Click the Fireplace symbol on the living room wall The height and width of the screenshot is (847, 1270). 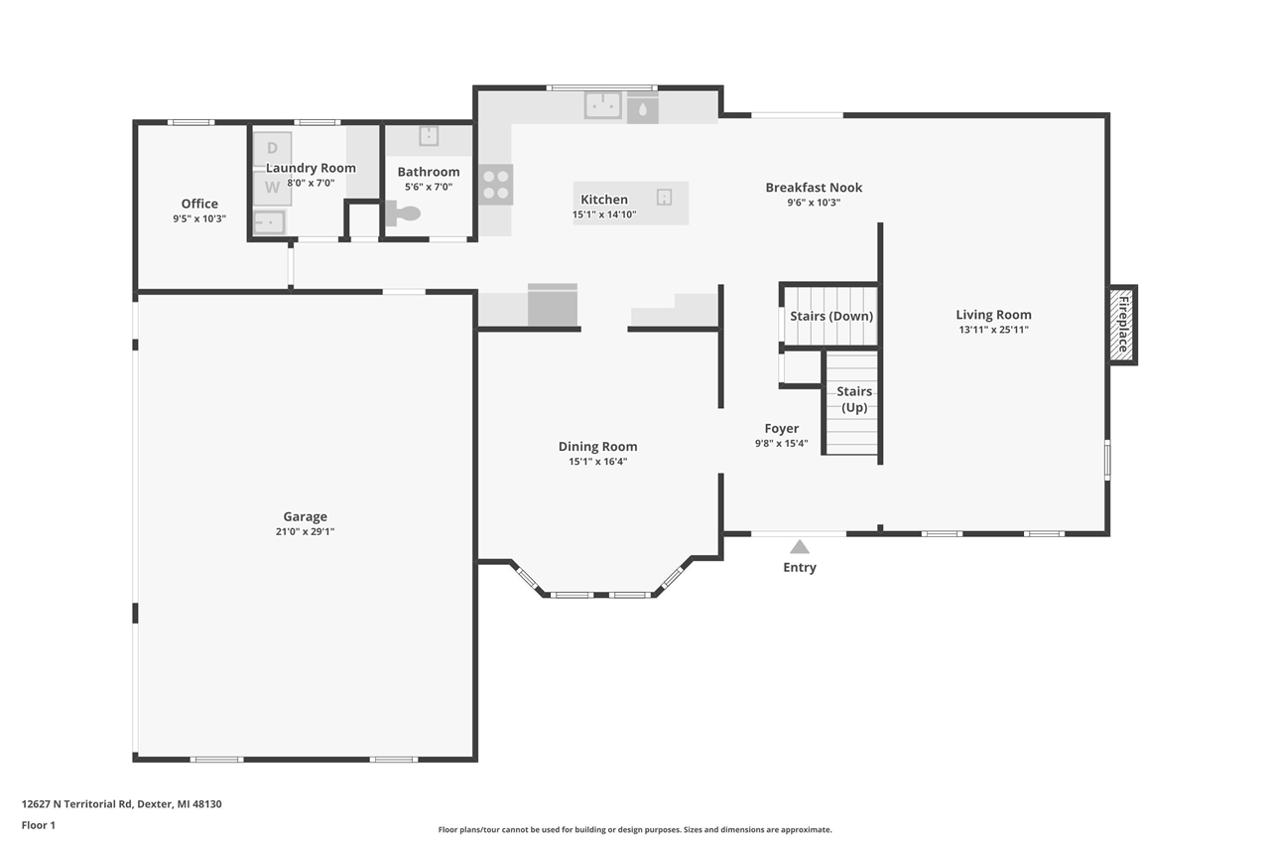[1123, 325]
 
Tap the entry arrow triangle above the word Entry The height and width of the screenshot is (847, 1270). [800, 547]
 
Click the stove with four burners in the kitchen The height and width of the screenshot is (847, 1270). [496, 185]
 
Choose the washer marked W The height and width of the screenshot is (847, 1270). [272, 187]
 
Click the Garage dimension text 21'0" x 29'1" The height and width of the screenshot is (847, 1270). [305, 531]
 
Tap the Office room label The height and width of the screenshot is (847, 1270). [199, 204]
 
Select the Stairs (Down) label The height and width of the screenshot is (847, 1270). [831, 316]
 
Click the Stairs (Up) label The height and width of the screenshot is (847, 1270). [854, 399]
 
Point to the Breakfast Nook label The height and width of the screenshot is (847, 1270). [814, 187]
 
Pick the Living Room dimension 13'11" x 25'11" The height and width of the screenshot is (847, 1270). [993, 330]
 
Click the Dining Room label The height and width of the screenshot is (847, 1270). [597, 446]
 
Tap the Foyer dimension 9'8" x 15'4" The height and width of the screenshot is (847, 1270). [782, 444]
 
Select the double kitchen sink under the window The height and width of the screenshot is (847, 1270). [602, 104]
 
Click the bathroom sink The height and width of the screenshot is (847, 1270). [429, 135]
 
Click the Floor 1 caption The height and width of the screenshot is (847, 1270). [39, 824]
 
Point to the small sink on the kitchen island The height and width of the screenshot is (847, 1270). [665, 197]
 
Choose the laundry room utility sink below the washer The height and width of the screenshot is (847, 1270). [269, 221]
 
